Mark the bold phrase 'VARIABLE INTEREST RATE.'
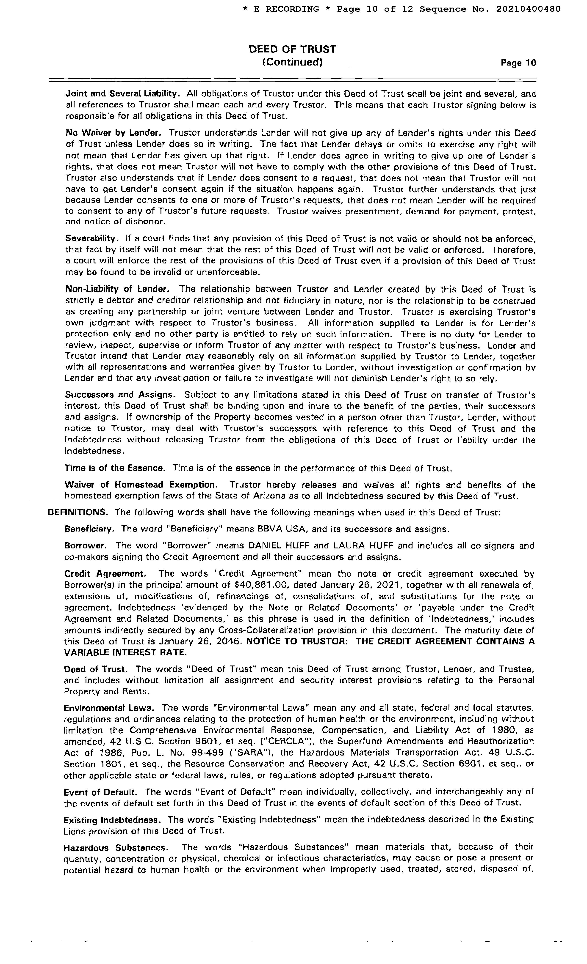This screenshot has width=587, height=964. pos(125,653)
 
